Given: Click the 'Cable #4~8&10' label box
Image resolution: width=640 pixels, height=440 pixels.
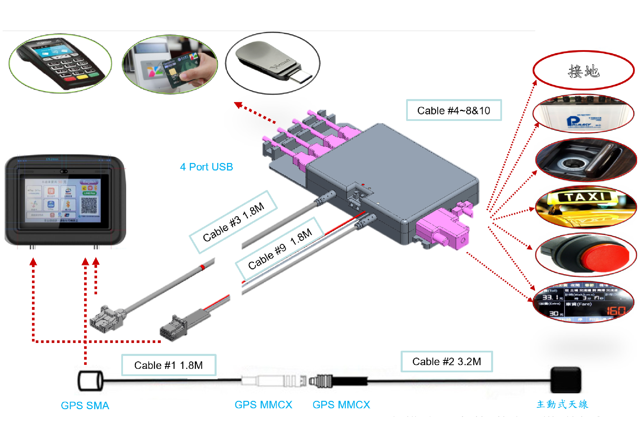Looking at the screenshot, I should click(x=454, y=110).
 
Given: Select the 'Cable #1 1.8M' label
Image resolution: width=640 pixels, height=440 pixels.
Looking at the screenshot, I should click(x=168, y=365).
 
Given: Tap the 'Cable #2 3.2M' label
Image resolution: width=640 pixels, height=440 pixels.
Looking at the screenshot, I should click(x=446, y=361).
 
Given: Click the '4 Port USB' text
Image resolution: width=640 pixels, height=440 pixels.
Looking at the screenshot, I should click(x=206, y=167).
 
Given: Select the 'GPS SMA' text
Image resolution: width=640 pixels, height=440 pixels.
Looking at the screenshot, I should click(x=85, y=405).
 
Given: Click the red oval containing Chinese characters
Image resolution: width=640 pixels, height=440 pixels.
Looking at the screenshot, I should click(x=584, y=71).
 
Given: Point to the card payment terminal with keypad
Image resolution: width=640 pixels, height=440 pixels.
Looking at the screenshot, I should click(x=60, y=63).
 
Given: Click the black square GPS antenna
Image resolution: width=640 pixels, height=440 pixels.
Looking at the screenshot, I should click(x=566, y=380).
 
